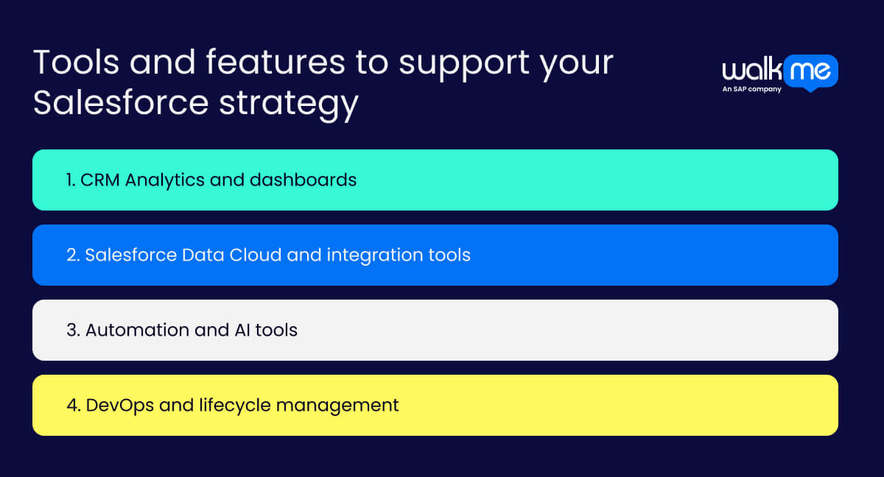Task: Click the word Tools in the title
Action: click(x=74, y=63)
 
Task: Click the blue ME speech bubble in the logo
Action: click(x=810, y=71)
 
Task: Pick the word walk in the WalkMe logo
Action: click(x=751, y=71)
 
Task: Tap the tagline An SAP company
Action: click(x=752, y=90)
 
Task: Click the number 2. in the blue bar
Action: click(x=73, y=255)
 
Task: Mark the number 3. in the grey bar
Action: click(x=73, y=330)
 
